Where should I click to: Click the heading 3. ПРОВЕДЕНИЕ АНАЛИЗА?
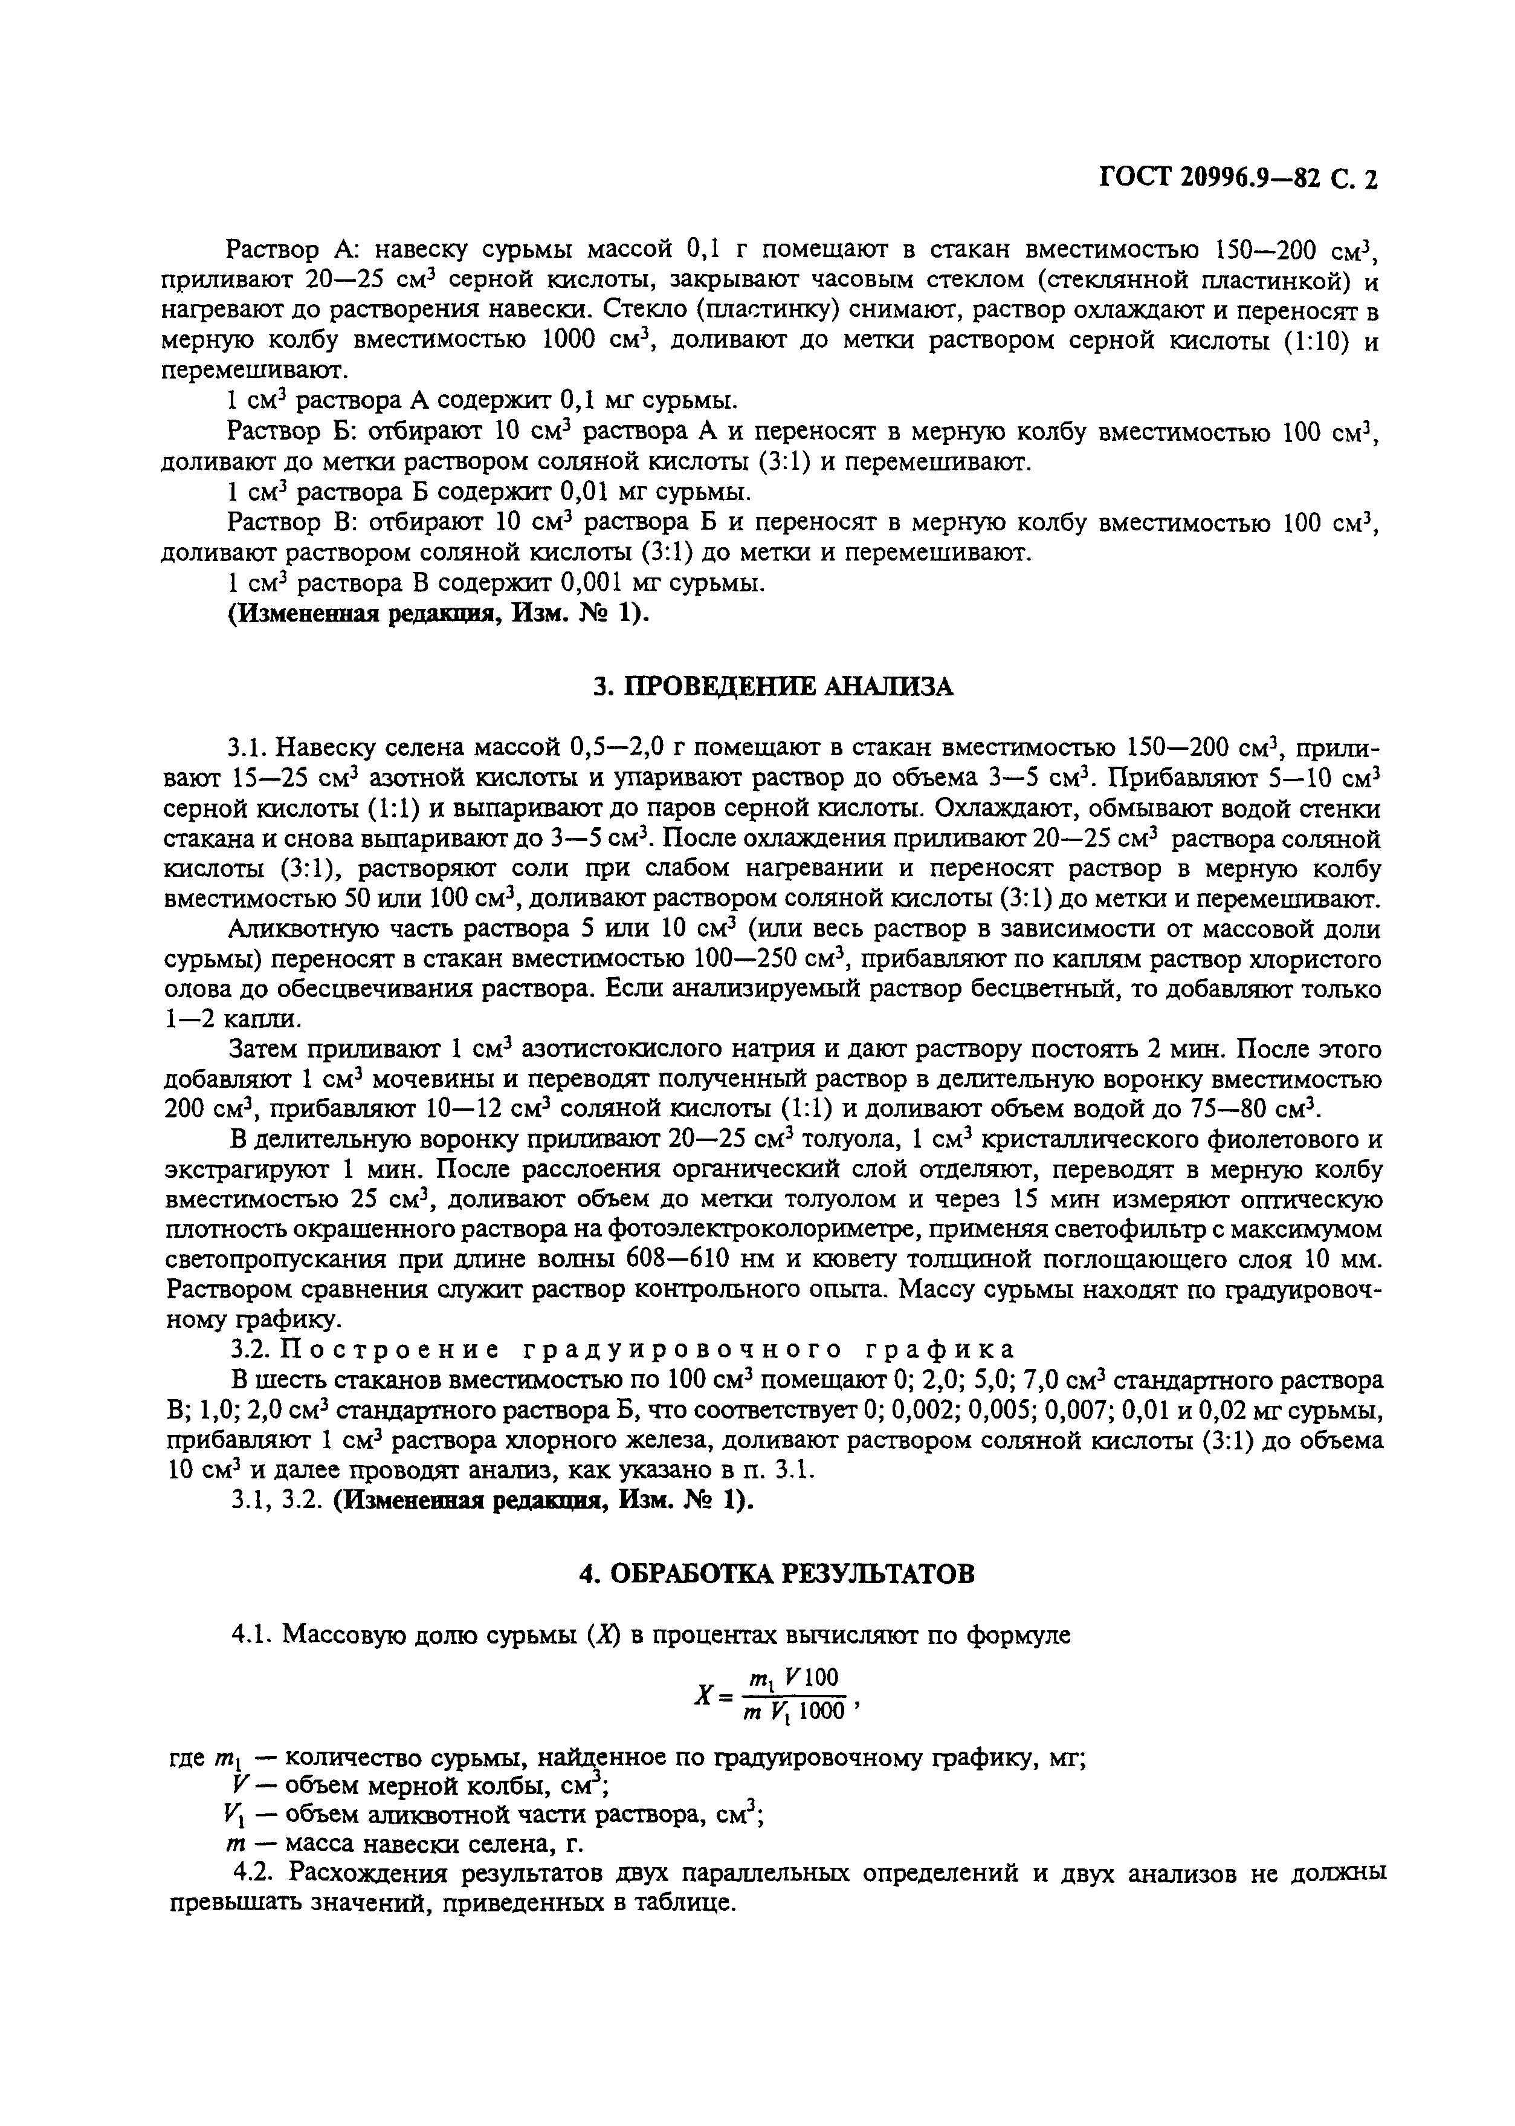774,687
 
